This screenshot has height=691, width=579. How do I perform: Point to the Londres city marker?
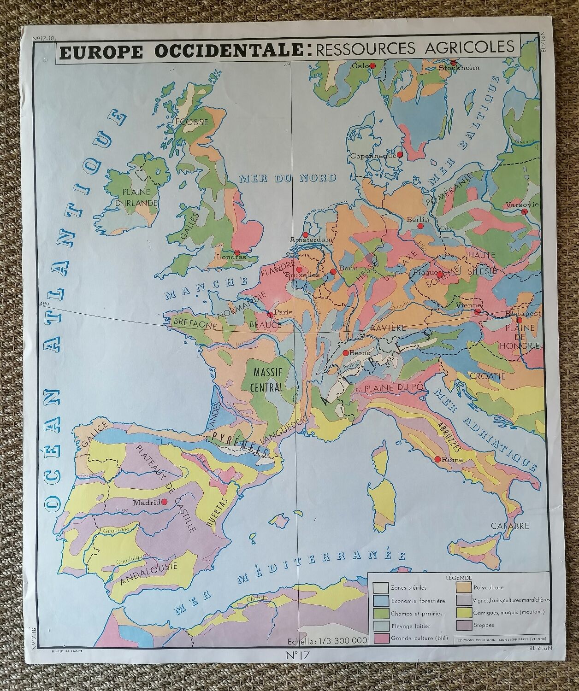point(237,252)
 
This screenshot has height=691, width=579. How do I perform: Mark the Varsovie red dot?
point(524,211)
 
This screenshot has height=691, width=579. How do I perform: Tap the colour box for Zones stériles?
point(380,587)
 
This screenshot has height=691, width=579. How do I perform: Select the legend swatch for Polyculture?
point(463,587)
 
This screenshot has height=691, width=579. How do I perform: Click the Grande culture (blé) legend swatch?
point(380,638)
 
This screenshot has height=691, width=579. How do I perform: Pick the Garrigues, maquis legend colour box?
point(463,612)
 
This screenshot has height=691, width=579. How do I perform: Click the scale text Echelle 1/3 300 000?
point(327,640)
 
